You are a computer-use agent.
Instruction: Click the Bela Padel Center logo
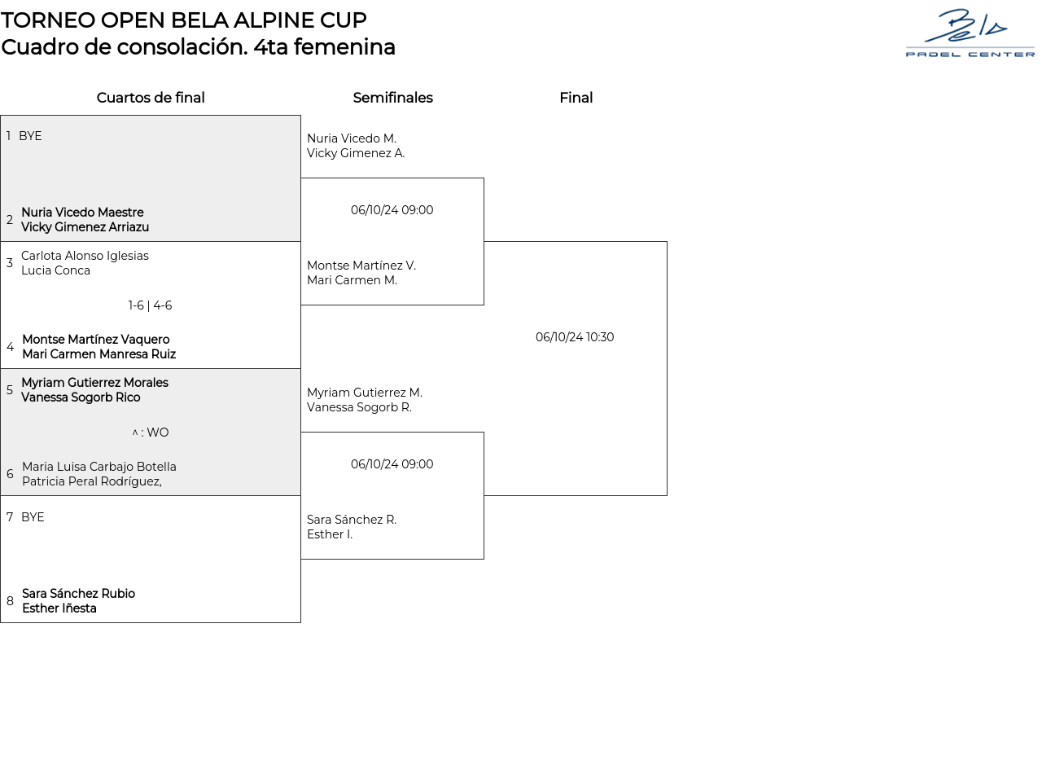pyautogui.click(x=970, y=33)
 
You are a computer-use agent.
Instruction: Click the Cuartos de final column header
pyautogui.click(x=151, y=98)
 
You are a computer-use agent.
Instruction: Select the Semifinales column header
pyautogui.click(x=392, y=98)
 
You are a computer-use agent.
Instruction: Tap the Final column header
pyautogui.click(x=576, y=98)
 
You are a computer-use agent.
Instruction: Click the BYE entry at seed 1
pyautogui.click(x=30, y=136)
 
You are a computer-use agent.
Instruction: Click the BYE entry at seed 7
pyautogui.click(x=33, y=517)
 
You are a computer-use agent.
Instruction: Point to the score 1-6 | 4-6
pyautogui.click(x=151, y=305)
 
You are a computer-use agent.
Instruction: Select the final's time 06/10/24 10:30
pyautogui.click(x=575, y=337)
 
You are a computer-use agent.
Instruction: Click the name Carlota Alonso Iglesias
pyautogui.click(x=85, y=256)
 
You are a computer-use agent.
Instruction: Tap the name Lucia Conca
pyautogui.click(x=55, y=270)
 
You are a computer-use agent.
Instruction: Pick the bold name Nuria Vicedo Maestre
pyautogui.click(x=82, y=213)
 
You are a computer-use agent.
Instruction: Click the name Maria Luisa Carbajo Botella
pyautogui.click(x=99, y=467)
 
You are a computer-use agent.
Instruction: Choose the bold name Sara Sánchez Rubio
pyautogui.click(x=78, y=594)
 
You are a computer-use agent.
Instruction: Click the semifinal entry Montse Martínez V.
pyautogui.click(x=361, y=266)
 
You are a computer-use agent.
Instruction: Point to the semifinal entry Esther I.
pyautogui.click(x=330, y=534)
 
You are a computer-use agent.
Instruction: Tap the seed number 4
pyautogui.click(x=10, y=347)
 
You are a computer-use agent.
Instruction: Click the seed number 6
pyautogui.click(x=10, y=474)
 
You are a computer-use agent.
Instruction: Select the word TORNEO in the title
pyautogui.click(x=41, y=20)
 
